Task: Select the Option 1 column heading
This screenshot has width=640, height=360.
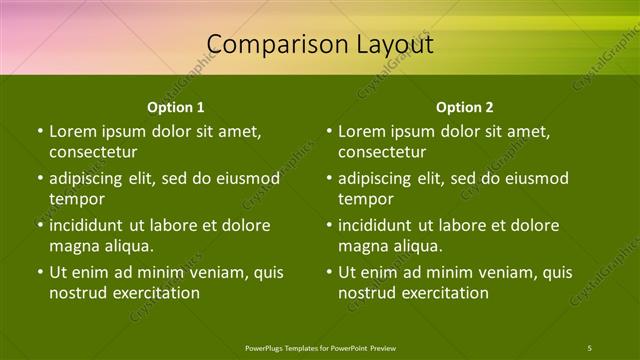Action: [176, 107]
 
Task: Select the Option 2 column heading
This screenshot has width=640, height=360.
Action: [465, 107]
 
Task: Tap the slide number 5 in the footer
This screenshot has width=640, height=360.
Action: [590, 347]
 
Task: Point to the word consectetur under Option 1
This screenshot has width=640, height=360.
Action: [93, 152]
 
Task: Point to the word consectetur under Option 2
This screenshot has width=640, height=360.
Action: [382, 152]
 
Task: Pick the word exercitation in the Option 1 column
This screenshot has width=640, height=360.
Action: [155, 293]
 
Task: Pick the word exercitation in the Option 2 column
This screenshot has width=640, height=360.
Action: [444, 293]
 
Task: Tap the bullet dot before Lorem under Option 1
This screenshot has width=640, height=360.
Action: [40, 131]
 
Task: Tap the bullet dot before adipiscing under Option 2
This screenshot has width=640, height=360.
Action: [329, 178]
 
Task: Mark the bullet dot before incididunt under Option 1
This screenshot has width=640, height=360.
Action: [40, 225]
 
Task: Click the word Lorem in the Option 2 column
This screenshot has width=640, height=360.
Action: [361, 131]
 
